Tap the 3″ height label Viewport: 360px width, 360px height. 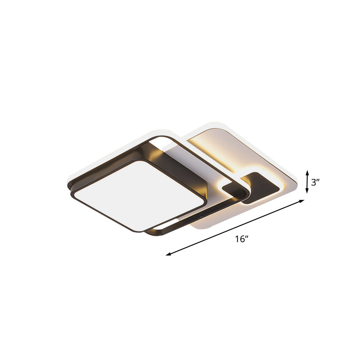tap(315, 182)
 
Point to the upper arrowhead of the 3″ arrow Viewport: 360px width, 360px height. tap(307, 171)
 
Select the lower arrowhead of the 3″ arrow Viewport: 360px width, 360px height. tap(307, 193)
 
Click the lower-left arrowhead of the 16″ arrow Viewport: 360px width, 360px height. tap(168, 255)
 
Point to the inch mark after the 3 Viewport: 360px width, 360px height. tap(319, 181)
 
